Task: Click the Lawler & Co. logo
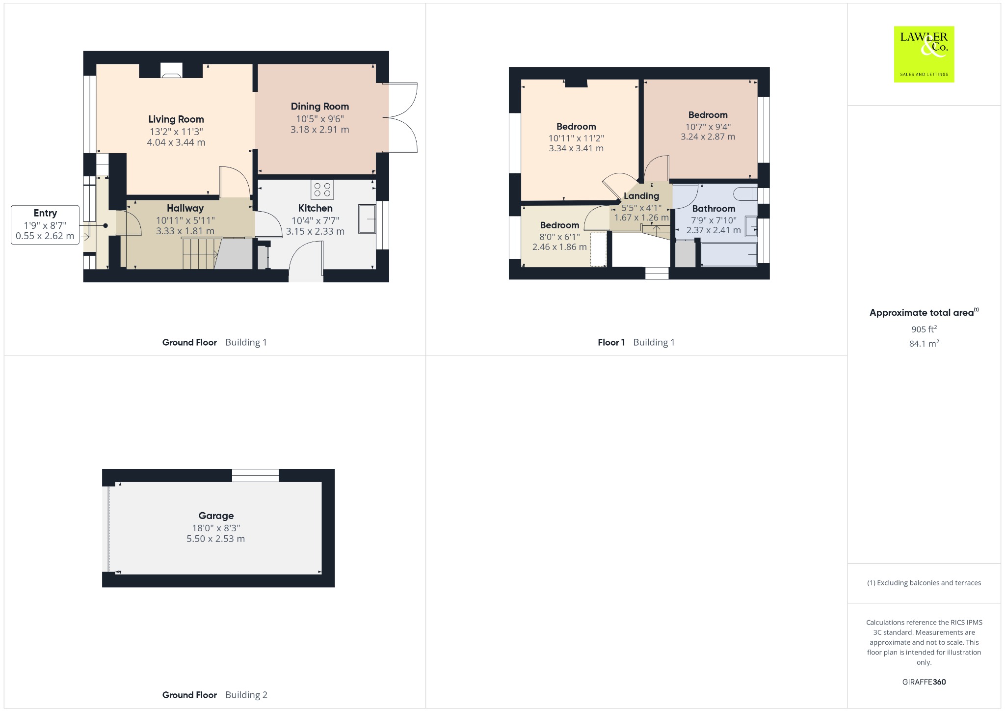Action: (924, 54)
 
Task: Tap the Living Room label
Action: (176, 119)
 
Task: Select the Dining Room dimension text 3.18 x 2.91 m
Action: (320, 130)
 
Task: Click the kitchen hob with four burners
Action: (322, 190)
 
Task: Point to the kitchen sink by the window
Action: (367, 219)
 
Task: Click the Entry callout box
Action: (45, 225)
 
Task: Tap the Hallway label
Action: (185, 208)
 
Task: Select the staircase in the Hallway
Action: (201, 253)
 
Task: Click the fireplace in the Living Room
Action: (171, 71)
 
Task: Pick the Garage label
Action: (216, 516)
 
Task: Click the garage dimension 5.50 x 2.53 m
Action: (216, 539)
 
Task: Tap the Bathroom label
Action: (714, 209)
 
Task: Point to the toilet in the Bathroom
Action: (748, 193)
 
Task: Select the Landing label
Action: (641, 196)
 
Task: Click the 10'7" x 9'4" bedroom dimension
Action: (708, 127)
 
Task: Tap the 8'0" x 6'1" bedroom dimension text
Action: (559, 237)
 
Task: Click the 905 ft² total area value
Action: (924, 329)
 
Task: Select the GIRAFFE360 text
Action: (924, 682)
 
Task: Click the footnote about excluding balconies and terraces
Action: (924, 583)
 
